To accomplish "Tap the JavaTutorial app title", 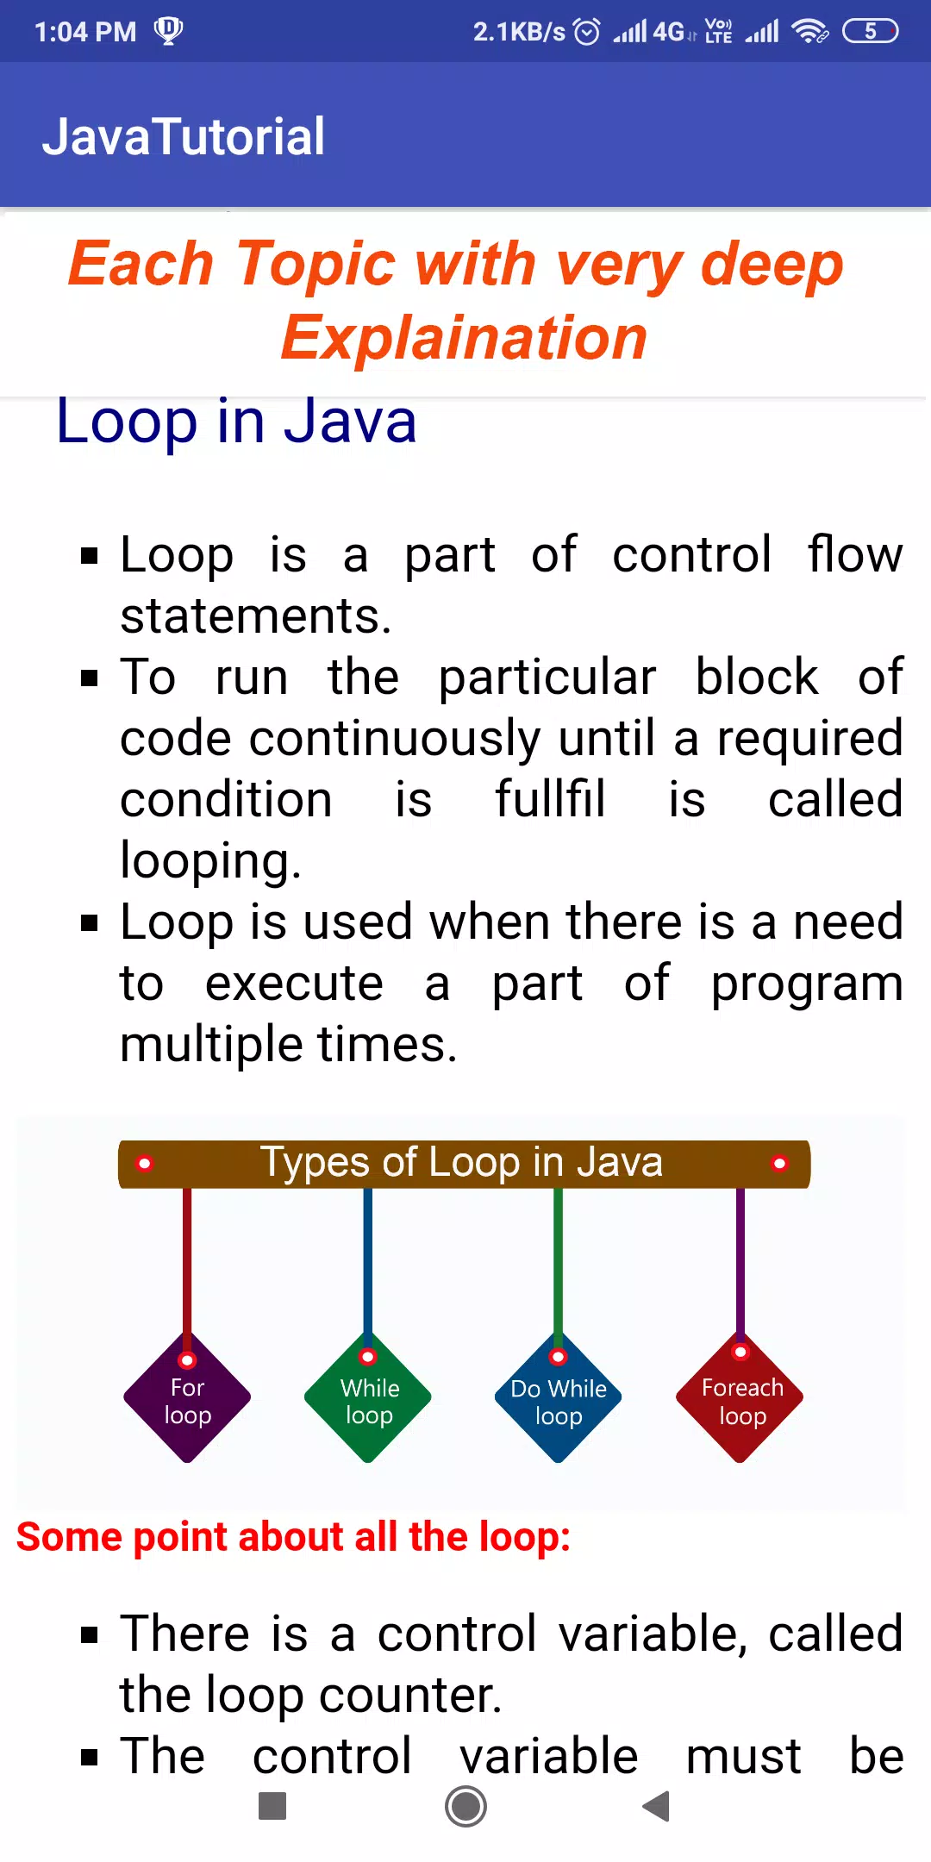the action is click(x=184, y=136).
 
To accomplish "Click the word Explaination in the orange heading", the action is click(x=464, y=337).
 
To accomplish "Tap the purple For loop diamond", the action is click(x=187, y=1397).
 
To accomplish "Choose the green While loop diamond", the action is click(x=368, y=1397).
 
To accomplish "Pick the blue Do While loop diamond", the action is click(x=559, y=1397).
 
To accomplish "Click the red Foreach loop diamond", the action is click(x=740, y=1397).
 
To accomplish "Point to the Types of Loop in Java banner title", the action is click(x=462, y=1162).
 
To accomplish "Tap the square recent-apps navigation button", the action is click(x=272, y=1806).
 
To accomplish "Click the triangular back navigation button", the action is click(x=657, y=1806).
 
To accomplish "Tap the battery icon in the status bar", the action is click(x=871, y=32).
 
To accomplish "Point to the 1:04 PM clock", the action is click(x=85, y=32).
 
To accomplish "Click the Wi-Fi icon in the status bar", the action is click(x=809, y=32).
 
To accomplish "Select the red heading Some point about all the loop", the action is click(x=294, y=1537).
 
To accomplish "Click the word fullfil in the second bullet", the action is click(x=550, y=799).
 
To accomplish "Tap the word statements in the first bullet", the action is click(x=256, y=615).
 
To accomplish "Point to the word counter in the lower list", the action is click(x=410, y=1695).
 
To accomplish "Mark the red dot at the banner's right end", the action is click(x=779, y=1164).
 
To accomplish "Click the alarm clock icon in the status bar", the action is click(x=587, y=32).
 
